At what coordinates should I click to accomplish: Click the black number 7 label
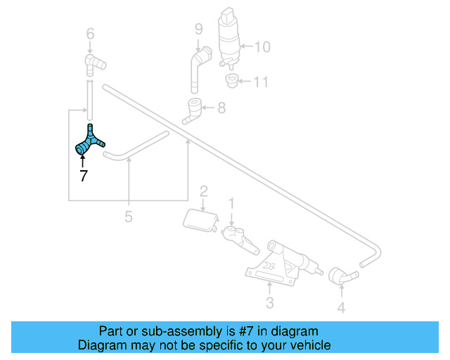(84, 176)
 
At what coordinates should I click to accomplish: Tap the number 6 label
(90, 33)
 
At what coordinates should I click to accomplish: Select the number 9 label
(199, 30)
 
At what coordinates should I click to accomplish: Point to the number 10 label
(262, 47)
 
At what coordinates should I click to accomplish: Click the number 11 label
(261, 82)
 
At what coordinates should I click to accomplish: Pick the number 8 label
(221, 108)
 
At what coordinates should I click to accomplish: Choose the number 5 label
(128, 217)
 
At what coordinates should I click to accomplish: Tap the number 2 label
(203, 191)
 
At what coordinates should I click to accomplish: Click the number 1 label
(231, 205)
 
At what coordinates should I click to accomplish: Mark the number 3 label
(269, 303)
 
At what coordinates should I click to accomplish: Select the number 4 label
(341, 307)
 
